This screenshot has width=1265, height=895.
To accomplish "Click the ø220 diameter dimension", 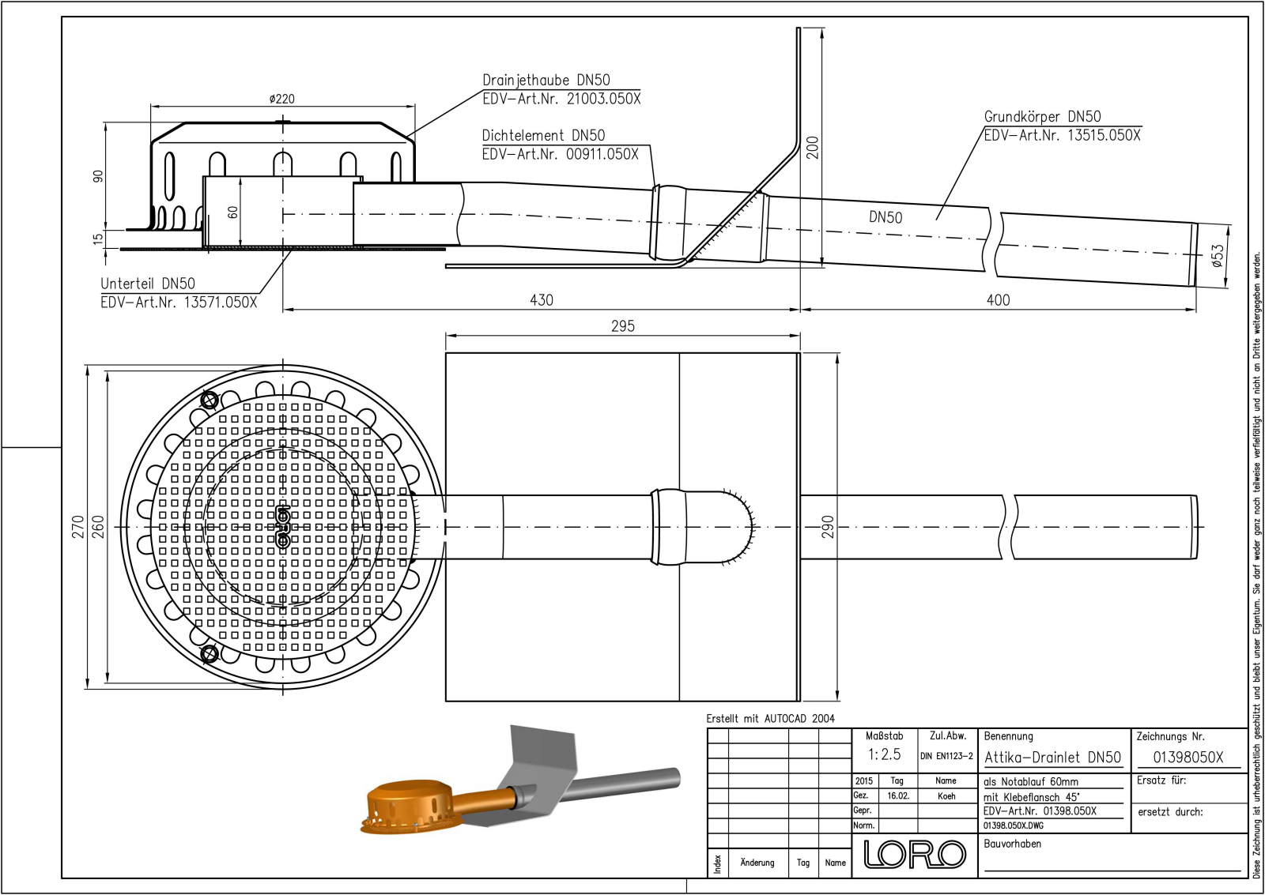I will [281, 99].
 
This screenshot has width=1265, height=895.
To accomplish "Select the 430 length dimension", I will [542, 300].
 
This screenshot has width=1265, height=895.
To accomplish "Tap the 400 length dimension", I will [998, 300].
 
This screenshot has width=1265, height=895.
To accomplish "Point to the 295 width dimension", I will [623, 326].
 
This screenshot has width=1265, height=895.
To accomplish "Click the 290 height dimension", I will [827, 527].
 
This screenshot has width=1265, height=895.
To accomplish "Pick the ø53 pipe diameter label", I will [1218, 254].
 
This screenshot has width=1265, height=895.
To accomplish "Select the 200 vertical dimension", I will [813, 148].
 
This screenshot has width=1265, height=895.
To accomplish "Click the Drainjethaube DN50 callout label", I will [546, 81].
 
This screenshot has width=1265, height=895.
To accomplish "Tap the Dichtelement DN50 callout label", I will [543, 136].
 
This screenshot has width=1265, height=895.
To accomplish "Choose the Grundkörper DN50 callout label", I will [1042, 117].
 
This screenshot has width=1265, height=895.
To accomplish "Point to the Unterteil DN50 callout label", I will [148, 284].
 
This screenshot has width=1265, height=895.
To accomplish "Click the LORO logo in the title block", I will [914, 854].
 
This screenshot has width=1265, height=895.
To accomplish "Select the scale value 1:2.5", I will [884, 754].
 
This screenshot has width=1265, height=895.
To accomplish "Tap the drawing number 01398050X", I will [1188, 758].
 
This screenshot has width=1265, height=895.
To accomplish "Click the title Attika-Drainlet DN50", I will [1052, 758].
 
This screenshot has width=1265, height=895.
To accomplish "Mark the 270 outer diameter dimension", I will [77, 527].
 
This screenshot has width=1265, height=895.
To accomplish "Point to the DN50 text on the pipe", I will [885, 218].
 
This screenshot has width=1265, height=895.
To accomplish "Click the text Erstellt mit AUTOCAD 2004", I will [770, 719].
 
